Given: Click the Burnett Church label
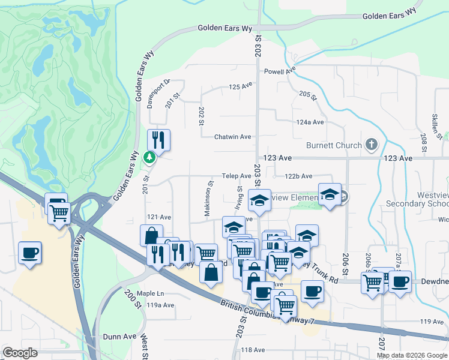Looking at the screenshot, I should pyautogui.click(x=334, y=145).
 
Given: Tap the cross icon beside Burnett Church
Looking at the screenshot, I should pyautogui.click(x=372, y=145).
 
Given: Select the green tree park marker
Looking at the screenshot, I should pyautogui.click(x=149, y=158).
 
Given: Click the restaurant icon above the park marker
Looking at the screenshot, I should pyautogui.click(x=158, y=140).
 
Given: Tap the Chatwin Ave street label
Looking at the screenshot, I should pyautogui.click(x=233, y=137).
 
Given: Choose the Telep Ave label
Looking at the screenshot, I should pyautogui.click(x=237, y=176).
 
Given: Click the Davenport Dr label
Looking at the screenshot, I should pyautogui.click(x=150, y=94).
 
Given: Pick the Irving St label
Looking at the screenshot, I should pyautogui.click(x=239, y=197).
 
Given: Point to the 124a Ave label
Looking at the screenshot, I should pyautogui.click(x=310, y=122).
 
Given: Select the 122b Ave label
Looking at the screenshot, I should pyautogui.click(x=298, y=176).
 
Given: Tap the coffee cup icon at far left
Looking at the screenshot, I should pyautogui.click(x=30, y=253).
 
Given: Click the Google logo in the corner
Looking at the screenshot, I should pyautogui.click(x=20, y=353).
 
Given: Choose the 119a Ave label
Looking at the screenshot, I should pyautogui.click(x=161, y=305).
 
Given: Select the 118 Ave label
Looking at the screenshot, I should pyautogui.click(x=253, y=350).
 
